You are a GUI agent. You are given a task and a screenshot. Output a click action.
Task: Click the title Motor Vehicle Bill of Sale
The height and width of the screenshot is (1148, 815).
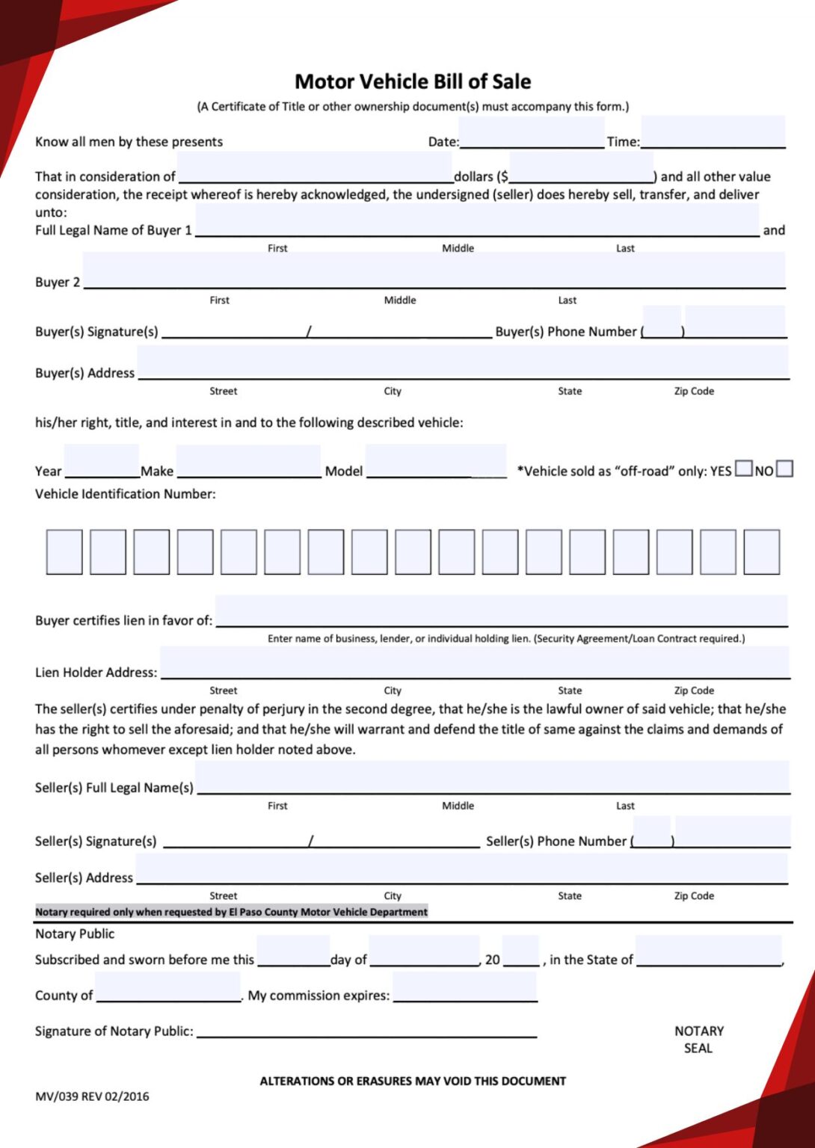(x=413, y=81)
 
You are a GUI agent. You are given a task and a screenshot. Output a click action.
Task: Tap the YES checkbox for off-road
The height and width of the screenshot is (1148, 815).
(x=743, y=469)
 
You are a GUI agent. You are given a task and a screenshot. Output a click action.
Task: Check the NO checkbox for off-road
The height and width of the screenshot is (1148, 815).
(x=784, y=469)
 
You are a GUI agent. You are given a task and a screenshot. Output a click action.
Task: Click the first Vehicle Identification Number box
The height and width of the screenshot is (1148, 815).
(x=64, y=552)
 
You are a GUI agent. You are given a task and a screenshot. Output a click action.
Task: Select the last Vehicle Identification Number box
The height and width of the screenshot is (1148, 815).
(x=761, y=552)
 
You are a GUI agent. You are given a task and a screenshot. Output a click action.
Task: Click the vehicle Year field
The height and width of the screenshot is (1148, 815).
(x=102, y=462)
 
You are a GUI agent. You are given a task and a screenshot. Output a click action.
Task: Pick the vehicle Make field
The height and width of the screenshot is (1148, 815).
(x=248, y=462)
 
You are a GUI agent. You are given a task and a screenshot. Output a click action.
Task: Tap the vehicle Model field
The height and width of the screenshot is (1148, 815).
(x=436, y=462)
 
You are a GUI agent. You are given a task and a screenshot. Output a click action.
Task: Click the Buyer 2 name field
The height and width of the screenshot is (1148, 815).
(x=434, y=271)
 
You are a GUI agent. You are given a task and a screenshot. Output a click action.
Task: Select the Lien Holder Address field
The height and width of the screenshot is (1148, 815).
(x=475, y=663)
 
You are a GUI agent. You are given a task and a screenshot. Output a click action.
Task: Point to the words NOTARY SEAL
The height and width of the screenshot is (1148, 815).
(x=698, y=1039)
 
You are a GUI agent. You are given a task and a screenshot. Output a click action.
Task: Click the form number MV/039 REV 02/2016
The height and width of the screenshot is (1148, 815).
(x=92, y=1096)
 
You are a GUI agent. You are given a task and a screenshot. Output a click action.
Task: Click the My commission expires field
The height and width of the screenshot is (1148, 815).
(x=464, y=988)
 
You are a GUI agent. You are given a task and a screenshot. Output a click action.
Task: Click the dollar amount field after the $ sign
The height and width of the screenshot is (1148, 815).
(x=581, y=168)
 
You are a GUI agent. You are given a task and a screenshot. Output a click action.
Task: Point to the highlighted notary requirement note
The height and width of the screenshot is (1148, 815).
(x=232, y=912)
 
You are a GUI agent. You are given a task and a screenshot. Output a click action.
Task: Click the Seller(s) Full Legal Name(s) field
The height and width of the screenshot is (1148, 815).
(x=493, y=778)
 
